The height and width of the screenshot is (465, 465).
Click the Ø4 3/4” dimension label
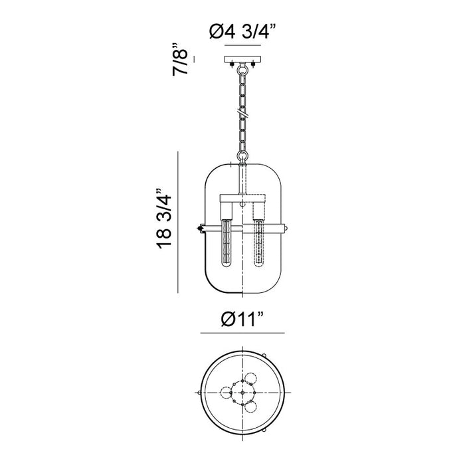tap(243, 31)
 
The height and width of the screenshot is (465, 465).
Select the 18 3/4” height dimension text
tap(164, 219)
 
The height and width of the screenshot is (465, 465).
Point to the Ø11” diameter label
tap(242, 319)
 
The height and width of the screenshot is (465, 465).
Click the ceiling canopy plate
tap(243, 59)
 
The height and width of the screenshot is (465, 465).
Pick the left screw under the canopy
tap(232, 64)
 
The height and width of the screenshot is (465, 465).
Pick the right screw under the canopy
tap(253, 64)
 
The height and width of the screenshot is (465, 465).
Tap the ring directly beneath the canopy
tap(242, 70)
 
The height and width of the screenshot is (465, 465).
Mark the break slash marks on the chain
tap(242, 113)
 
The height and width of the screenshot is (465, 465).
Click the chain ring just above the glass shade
tap(242, 156)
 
